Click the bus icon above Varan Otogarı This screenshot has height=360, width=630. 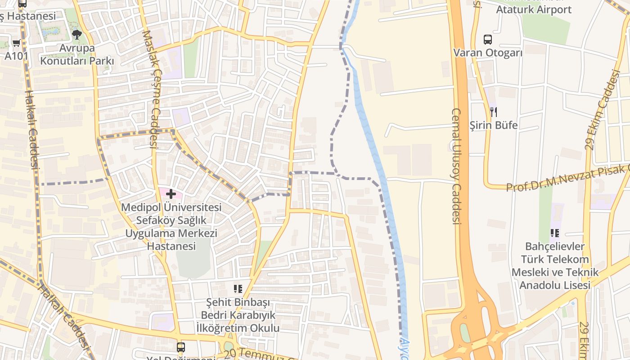click(x=488, y=40)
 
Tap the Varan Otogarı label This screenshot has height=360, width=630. click(x=488, y=53)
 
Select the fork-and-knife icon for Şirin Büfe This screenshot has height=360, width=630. click(x=494, y=112)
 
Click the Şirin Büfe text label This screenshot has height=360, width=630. click(x=494, y=125)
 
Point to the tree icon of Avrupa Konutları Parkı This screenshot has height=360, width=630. click(x=77, y=34)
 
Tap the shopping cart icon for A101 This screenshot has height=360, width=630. click(x=17, y=43)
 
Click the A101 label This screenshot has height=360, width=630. click(x=17, y=56)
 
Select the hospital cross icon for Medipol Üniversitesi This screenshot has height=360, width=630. click(x=171, y=194)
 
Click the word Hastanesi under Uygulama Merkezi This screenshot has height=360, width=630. click(x=171, y=246)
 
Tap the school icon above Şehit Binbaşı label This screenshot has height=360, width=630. click(x=238, y=288)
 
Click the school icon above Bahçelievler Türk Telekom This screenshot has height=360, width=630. click(x=555, y=233)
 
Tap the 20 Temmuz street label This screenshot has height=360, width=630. click(x=261, y=354)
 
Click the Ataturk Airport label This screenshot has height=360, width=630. click(x=534, y=9)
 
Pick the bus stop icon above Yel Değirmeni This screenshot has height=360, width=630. click(x=180, y=347)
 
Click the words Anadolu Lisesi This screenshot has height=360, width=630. click(x=555, y=285)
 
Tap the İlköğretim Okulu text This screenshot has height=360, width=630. click(x=238, y=328)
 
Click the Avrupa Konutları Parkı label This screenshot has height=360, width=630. click(x=77, y=54)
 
